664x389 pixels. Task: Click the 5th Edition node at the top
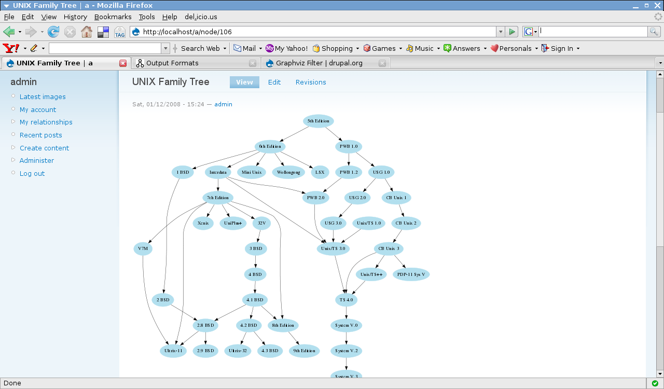click(x=318, y=121)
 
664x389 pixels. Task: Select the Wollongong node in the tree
click(x=288, y=172)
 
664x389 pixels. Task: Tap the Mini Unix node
click(x=252, y=172)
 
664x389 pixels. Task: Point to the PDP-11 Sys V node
click(x=411, y=274)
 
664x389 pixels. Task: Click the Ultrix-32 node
click(x=238, y=351)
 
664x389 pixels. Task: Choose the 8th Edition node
click(x=283, y=326)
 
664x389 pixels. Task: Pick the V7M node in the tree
click(x=143, y=249)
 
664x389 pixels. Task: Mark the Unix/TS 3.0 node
click(x=333, y=249)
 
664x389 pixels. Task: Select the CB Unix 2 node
click(x=406, y=224)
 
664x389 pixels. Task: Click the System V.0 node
click(x=346, y=326)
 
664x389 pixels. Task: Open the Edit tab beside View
click(x=274, y=82)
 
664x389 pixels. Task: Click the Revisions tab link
click(x=311, y=82)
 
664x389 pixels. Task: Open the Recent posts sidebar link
click(x=41, y=135)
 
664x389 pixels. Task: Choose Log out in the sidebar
click(x=32, y=173)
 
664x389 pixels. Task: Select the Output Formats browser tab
click(x=172, y=63)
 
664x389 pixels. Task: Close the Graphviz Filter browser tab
click(x=382, y=63)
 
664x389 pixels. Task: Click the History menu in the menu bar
click(x=75, y=17)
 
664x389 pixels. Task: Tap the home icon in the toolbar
click(x=87, y=32)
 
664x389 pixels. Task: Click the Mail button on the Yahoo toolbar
click(x=245, y=48)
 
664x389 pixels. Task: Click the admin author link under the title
click(x=224, y=104)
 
